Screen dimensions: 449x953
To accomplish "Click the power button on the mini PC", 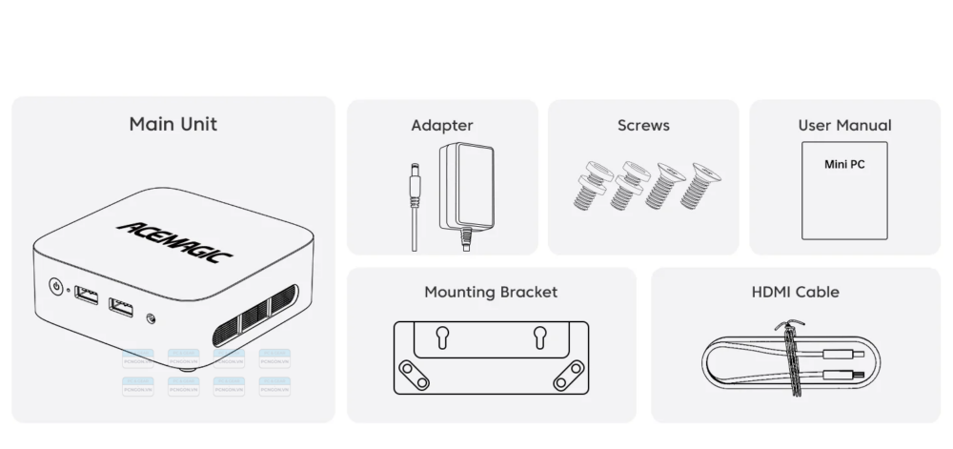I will [54, 285].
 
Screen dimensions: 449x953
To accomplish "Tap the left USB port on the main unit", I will [87, 296].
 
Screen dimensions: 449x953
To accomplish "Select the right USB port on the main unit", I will [121, 307].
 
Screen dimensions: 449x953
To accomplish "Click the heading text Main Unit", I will [172, 124].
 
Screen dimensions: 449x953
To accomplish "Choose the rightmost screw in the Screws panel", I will [701, 186].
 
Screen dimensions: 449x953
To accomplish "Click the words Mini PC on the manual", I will [844, 164].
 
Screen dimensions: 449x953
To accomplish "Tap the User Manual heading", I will [844, 125].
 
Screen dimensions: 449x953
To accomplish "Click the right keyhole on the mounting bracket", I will [540, 337].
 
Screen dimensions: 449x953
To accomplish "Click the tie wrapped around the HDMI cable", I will [791, 359].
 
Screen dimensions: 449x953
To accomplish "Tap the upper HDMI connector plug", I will [844, 354].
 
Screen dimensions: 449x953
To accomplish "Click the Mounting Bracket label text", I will [491, 292].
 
